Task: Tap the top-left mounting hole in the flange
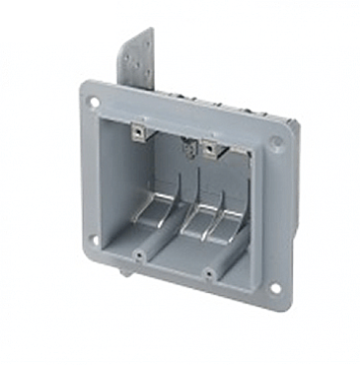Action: click(94, 102)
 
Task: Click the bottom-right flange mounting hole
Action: click(274, 288)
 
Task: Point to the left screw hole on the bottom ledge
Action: click(139, 255)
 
